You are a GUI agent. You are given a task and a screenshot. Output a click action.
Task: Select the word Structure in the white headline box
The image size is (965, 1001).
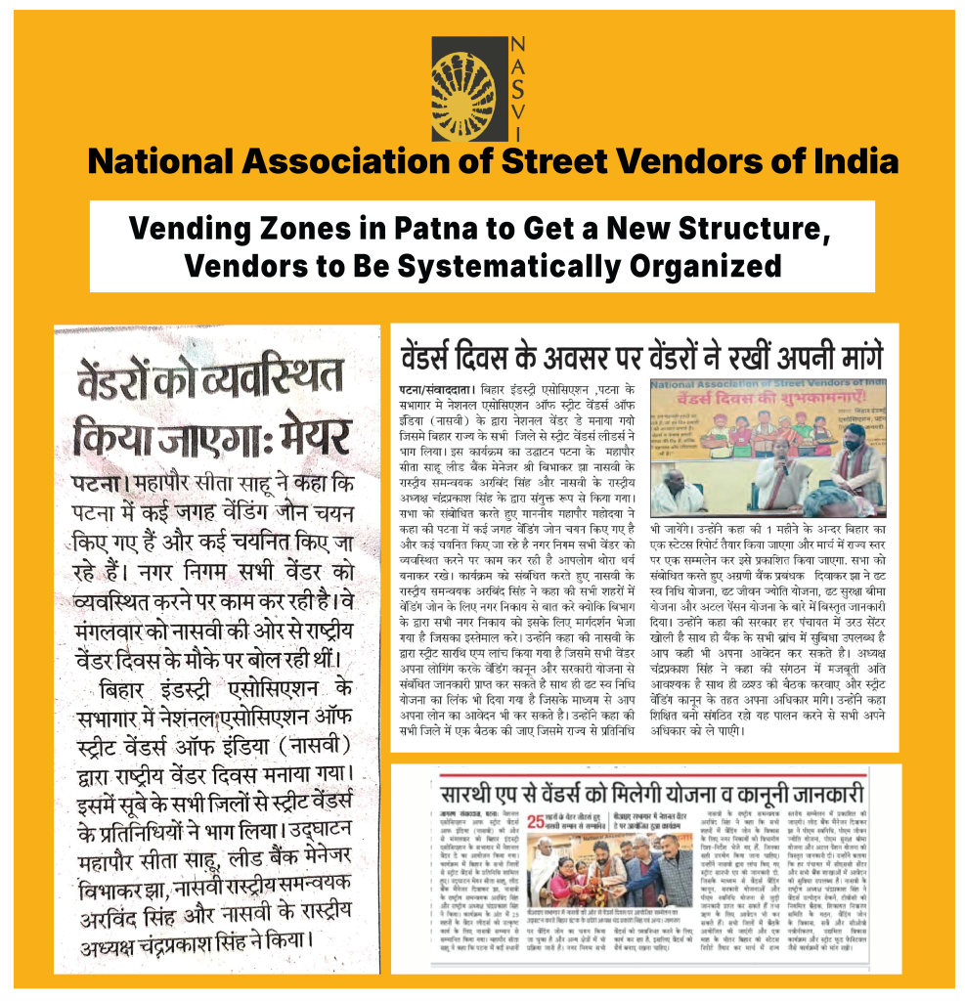point(729,230)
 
